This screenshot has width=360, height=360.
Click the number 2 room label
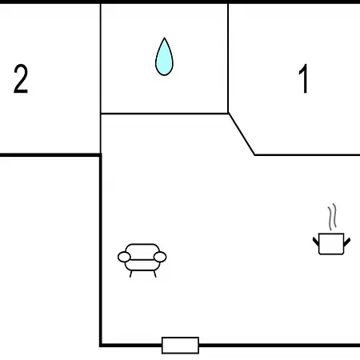click(x=21, y=79)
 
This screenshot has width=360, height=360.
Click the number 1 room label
click(x=303, y=78)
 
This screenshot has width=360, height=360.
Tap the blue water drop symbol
click(x=164, y=57)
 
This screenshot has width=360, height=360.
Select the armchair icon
click(x=142, y=260)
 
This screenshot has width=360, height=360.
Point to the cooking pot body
click(x=331, y=244)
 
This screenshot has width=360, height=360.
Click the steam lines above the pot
click(x=332, y=217)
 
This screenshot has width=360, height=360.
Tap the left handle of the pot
click(x=316, y=242)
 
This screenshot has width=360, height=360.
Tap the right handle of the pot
click(x=347, y=242)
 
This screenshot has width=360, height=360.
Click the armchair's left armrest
click(x=124, y=257)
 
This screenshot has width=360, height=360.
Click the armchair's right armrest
click(x=160, y=257)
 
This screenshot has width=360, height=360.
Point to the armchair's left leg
click(x=130, y=274)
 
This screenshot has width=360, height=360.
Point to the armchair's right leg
click(x=154, y=274)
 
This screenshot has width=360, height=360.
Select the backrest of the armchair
click(x=142, y=251)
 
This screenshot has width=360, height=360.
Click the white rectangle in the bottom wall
click(x=180, y=346)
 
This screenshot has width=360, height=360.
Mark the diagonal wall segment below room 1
click(x=242, y=134)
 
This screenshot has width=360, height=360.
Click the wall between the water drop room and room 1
click(x=228, y=58)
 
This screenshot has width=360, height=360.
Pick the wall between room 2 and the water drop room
click(x=101, y=78)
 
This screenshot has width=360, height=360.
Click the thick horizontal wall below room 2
click(x=50, y=155)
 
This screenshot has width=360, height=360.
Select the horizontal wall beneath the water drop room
click(x=164, y=114)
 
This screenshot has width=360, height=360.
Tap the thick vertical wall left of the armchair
click(x=101, y=250)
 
